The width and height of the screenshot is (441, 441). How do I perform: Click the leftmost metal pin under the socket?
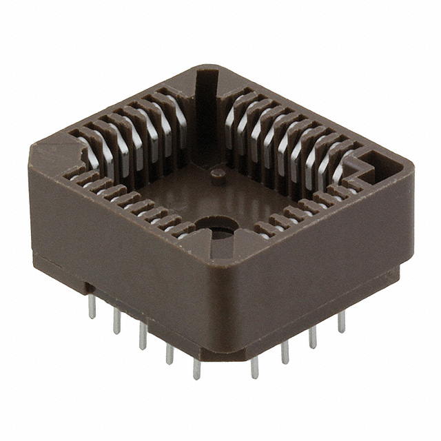pyautogui.click(x=92, y=308)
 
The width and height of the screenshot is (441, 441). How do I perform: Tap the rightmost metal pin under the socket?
pyautogui.click(x=341, y=321)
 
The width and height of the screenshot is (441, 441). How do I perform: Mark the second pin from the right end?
pyautogui.click(x=314, y=336)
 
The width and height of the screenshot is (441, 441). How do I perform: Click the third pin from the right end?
pyautogui.click(x=285, y=351)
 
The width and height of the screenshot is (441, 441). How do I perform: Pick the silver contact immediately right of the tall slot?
pyautogui.click(x=230, y=114)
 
